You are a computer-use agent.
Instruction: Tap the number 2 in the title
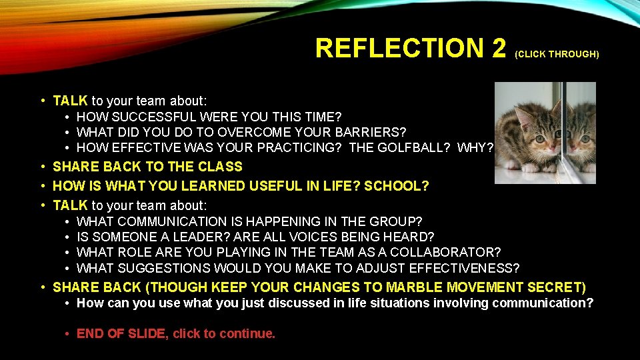coord(498,48)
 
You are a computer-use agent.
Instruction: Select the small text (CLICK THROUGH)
coord(557,54)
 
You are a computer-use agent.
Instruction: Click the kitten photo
coord(545,133)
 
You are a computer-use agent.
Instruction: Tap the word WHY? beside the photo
coord(475,147)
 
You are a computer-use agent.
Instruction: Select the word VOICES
coord(321,237)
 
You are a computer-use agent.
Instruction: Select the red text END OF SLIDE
coord(121,334)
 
